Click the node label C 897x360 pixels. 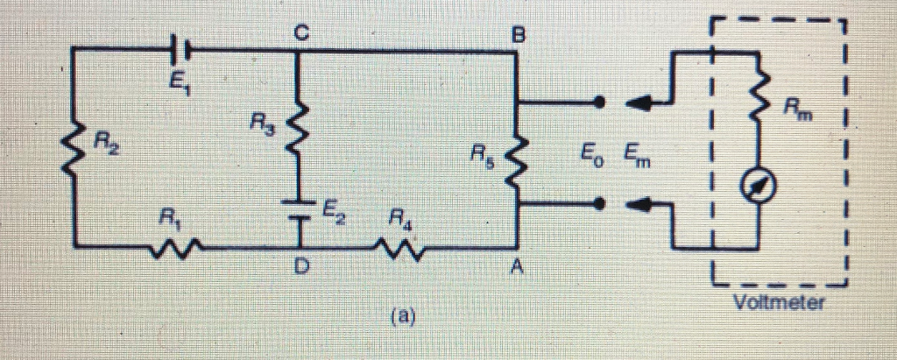[300, 33]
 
